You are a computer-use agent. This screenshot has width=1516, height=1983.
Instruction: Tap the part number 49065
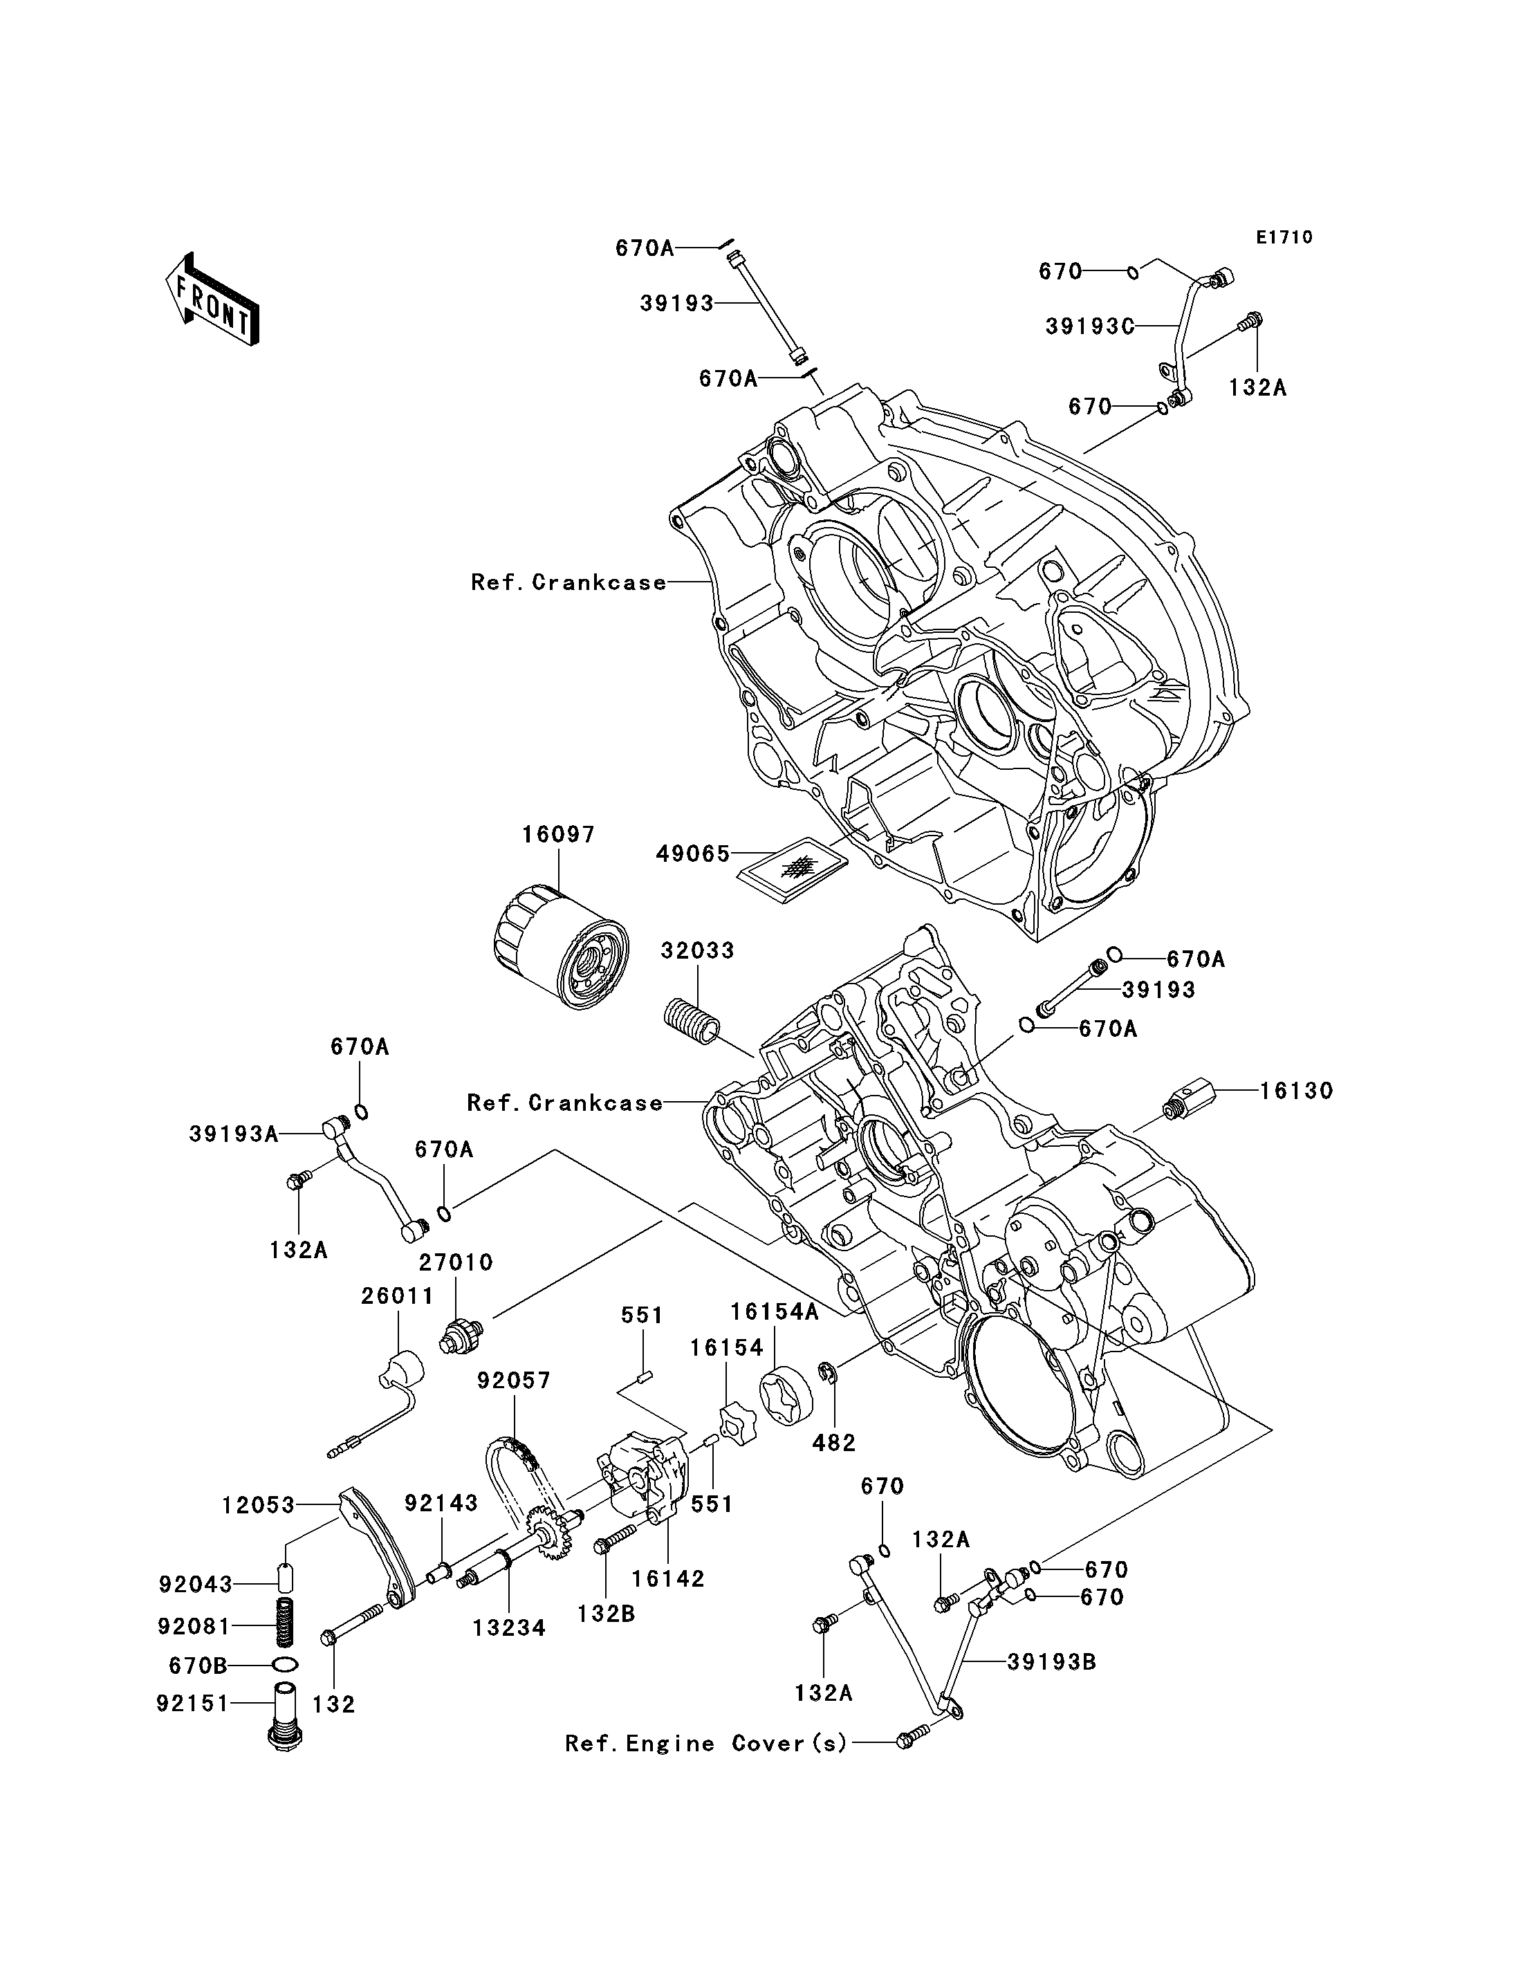pyautogui.click(x=692, y=854)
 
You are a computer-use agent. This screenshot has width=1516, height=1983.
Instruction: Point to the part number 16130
pyautogui.click(x=1296, y=1091)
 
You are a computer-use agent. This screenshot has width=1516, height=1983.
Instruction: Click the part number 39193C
pyautogui.click(x=1089, y=326)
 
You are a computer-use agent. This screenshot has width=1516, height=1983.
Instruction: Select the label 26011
pyautogui.click(x=397, y=1296)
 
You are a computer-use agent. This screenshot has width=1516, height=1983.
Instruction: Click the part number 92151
pyautogui.click(x=193, y=1704)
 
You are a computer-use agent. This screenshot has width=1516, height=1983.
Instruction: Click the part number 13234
pyautogui.click(x=509, y=1628)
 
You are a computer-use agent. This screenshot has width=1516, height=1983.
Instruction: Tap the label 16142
pyautogui.click(x=668, y=1578)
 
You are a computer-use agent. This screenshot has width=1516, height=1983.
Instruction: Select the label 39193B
pyautogui.click(x=1051, y=1661)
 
